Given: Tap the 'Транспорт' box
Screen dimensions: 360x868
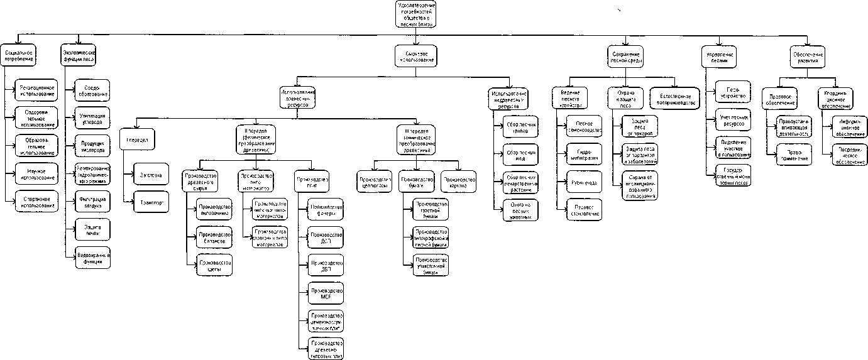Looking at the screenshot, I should pyautogui.click(x=151, y=203).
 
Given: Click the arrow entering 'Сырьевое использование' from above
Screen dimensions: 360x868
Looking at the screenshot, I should pyautogui.click(x=417, y=43).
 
